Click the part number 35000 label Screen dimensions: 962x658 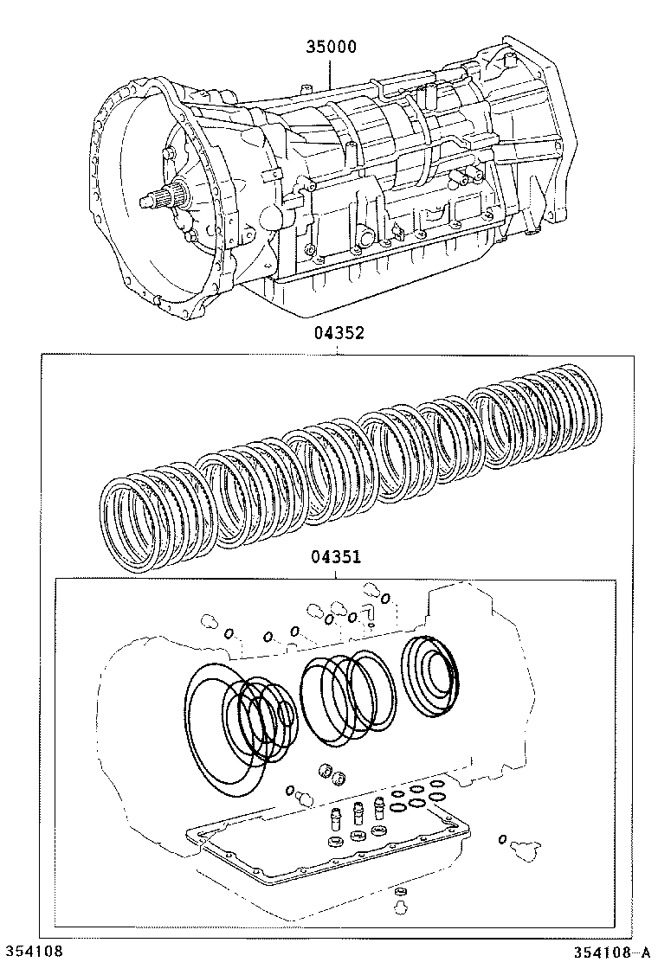[330, 48]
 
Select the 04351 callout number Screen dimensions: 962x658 [338, 559]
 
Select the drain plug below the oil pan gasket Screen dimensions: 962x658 [400, 900]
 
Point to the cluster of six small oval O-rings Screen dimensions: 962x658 [416, 797]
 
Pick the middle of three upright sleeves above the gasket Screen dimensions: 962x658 [356, 814]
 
